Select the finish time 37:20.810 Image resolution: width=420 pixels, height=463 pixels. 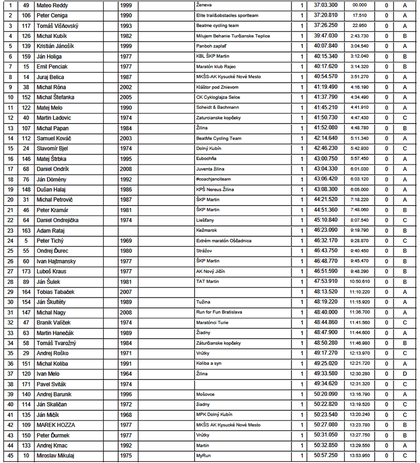pos(326,16)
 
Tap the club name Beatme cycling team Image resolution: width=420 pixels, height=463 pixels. pos(217,26)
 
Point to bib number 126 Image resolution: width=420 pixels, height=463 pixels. pos(26,36)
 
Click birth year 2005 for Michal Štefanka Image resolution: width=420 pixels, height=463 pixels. pos(125,97)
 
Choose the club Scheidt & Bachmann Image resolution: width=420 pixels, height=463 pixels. pos(217,107)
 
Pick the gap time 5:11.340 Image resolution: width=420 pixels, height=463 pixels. pos(360,138)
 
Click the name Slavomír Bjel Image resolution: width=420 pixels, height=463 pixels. pos(52,149)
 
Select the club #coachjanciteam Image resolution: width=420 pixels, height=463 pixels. pos(213,179)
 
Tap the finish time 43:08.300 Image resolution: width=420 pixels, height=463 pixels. pos(326,189)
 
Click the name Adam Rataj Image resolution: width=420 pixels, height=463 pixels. pos(50,231)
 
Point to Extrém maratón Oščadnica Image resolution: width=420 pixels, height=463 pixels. pos(224,241)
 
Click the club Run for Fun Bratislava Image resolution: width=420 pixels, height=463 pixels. pos(219,312)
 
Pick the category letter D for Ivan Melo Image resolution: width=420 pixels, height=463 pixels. pos(404,374)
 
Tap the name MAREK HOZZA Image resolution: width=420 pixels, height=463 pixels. pos(56,425)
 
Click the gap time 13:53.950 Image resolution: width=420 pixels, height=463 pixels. pos(360,456)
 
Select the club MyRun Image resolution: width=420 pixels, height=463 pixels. pos(204,456)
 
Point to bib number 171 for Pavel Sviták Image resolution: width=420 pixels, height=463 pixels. pos(26,384)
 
